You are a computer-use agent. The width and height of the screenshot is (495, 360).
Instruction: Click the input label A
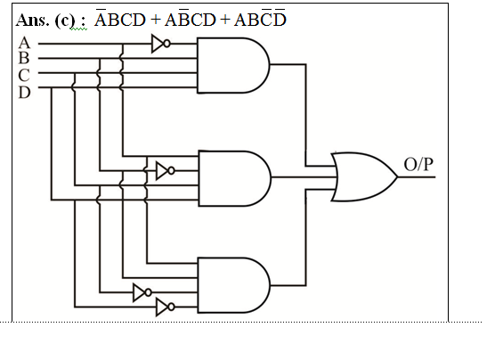pyautogui.click(x=24, y=43)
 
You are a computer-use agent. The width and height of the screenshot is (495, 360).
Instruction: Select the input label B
pyautogui.click(x=24, y=58)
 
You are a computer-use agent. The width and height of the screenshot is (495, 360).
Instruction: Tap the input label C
pyautogui.click(x=24, y=75)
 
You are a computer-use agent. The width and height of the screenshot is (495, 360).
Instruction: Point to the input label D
pyautogui.click(x=24, y=93)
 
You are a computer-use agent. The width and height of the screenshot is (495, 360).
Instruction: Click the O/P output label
pyautogui.click(x=418, y=164)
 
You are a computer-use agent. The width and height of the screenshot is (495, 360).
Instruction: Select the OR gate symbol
pyautogui.click(x=364, y=177)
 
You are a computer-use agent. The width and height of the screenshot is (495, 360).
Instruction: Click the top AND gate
pyautogui.click(x=233, y=65)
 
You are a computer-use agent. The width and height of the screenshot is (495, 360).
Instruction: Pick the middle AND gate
pyautogui.click(x=234, y=178)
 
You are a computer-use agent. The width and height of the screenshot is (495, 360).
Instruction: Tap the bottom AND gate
pyautogui.click(x=234, y=285)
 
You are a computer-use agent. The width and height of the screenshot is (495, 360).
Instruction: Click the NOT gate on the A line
pyautogui.click(x=161, y=44)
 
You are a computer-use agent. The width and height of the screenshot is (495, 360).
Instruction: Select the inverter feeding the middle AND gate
pyautogui.click(x=166, y=171)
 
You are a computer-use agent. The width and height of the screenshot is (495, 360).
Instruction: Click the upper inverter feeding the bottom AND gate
pyautogui.click(x=142, y=292)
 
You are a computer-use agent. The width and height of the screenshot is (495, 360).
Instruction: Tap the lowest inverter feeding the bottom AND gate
pyautogui.click(x=166, y=307)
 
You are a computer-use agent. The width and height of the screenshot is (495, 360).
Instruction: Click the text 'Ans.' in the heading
pyautogui.click(x=33, y=20)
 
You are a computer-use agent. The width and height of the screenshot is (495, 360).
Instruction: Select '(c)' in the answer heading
pyautogui.click(x=65, y=20)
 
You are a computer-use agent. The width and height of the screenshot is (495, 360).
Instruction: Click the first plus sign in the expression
pyautogui.click(x=156, y=20)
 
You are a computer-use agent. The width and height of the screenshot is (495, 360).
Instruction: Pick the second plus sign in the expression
pyautogui.click(x=225, y=20)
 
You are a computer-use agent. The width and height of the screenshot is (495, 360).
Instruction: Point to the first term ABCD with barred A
pyautogui.click(x=120, y=18)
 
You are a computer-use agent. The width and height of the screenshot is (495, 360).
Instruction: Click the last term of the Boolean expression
pyautogui.click(x=260, y=18)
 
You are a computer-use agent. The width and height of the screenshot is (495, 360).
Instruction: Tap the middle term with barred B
pyautogui.click(x=190, y=18)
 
